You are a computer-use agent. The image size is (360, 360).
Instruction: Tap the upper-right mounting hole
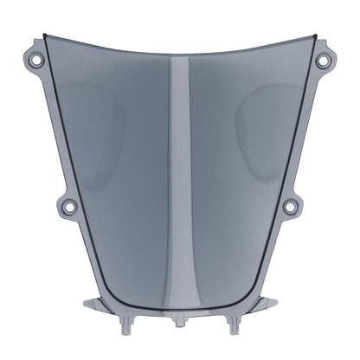[x=322, y=61]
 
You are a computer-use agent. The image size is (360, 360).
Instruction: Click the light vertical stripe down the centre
[x=179, y=173]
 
